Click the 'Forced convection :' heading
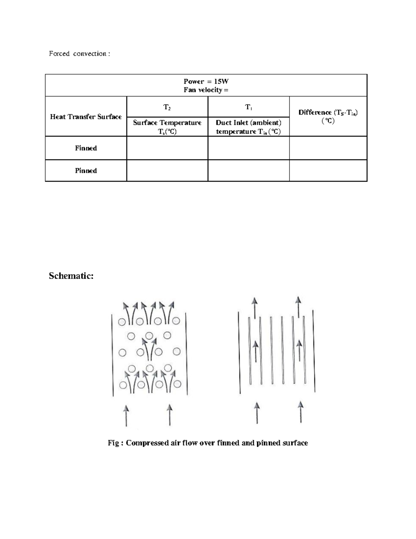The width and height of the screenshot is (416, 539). [79, 53]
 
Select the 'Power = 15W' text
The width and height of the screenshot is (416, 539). [206, 81]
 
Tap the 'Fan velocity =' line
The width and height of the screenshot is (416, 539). [206, 90]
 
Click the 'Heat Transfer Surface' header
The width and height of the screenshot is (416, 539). [86, 117]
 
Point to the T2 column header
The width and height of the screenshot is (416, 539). [167, 107]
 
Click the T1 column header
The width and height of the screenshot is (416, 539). [249, 107]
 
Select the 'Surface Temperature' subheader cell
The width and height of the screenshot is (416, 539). [167, 127]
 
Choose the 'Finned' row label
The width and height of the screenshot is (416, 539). [86, 148]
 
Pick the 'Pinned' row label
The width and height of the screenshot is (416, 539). [86, 171]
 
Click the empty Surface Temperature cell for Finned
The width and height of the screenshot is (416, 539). [167, 148]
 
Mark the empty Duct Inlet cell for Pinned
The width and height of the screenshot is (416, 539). [249, 171]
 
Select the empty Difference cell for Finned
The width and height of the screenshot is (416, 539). [328, 148]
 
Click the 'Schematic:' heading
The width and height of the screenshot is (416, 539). [71, 276]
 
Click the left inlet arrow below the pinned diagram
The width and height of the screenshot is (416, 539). [126, 415]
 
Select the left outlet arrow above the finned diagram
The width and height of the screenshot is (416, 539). [255, 307]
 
